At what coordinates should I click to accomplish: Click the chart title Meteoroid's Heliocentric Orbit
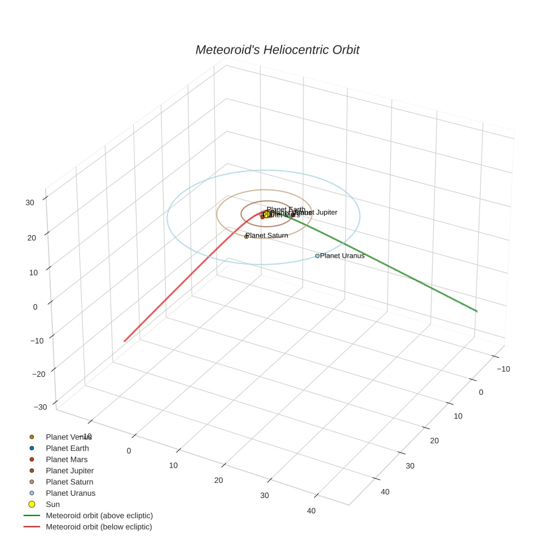277,50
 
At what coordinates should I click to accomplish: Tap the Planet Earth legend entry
67,448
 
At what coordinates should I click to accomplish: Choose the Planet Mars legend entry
67,460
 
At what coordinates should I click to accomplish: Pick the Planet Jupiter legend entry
69,471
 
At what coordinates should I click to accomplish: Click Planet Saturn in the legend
69,482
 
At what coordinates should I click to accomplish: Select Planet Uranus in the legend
71,494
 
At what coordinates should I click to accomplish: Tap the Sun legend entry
52,505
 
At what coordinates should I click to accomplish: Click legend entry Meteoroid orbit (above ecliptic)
99,516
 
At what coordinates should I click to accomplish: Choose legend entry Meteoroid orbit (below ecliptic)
99,527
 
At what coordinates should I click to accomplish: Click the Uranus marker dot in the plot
317,256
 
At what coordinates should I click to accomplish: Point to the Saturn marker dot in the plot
246,236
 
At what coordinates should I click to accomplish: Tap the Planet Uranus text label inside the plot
342,256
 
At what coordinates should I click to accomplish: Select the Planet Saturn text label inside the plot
267,236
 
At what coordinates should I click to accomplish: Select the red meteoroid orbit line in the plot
169,299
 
